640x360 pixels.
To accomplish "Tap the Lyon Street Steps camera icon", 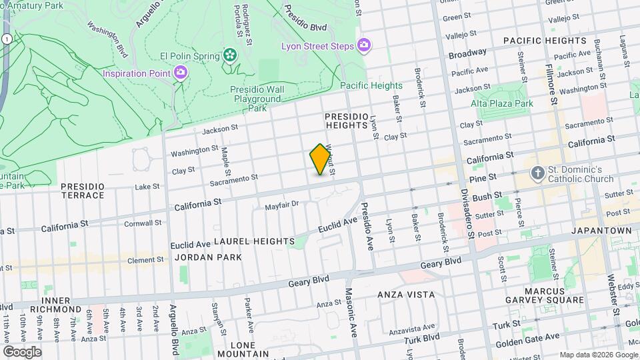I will click(x=364, y=45).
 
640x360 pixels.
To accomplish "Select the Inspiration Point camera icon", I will click(x=180, y=72).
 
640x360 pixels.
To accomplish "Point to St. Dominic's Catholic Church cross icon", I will click(x=538, y=173).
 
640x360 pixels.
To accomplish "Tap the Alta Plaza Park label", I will click(x=502, y=103).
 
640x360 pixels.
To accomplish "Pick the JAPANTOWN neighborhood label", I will click(x=601, y=231).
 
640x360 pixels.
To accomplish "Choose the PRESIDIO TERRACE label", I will click(x=83, y=191).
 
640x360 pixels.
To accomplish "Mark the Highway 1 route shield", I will click(x=5, y=40).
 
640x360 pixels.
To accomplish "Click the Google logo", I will click(x=22, y=351).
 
